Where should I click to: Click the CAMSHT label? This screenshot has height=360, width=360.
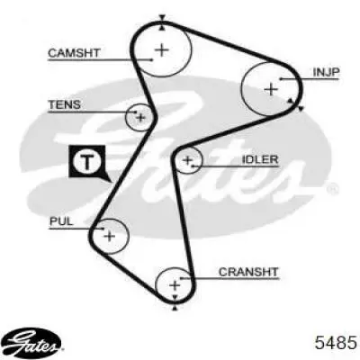(74, 53)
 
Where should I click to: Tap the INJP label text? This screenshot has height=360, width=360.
(326, 72)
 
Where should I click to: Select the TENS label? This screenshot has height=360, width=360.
(65, 104)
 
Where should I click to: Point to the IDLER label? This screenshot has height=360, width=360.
(260, 159)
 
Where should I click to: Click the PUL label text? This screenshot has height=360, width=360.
(61, 221)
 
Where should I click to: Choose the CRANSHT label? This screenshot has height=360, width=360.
(248, 272)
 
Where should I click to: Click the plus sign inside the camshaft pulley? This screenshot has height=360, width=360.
(162, 50)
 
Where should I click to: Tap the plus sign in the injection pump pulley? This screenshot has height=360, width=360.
(271, 89)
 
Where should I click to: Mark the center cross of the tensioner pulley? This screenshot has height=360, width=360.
(140, 118)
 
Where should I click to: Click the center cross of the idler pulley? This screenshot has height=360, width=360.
(187, 160)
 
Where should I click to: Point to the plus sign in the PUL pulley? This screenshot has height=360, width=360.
(110, 236)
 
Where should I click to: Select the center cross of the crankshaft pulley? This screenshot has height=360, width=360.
(175, 285)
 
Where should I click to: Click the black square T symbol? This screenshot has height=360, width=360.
(87, 162)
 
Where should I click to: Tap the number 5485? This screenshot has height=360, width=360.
(336, 343)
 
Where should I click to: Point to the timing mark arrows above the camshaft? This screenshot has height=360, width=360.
(162, 22)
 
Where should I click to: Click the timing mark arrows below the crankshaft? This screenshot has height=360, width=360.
(175, 302)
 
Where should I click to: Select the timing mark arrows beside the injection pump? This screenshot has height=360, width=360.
(296, 104)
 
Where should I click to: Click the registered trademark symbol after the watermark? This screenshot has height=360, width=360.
(332, 188)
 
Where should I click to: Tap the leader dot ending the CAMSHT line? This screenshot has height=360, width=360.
(152, 60)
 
